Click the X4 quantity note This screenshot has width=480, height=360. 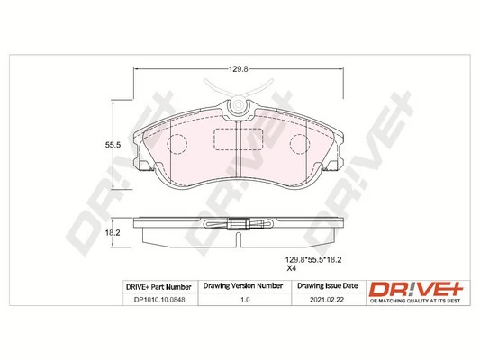(292, 268)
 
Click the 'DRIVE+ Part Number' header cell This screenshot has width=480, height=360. (158, 285)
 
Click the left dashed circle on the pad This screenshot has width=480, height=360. (177, 144)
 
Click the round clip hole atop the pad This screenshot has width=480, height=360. (240, 108)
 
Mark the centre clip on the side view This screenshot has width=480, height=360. (240, 226)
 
